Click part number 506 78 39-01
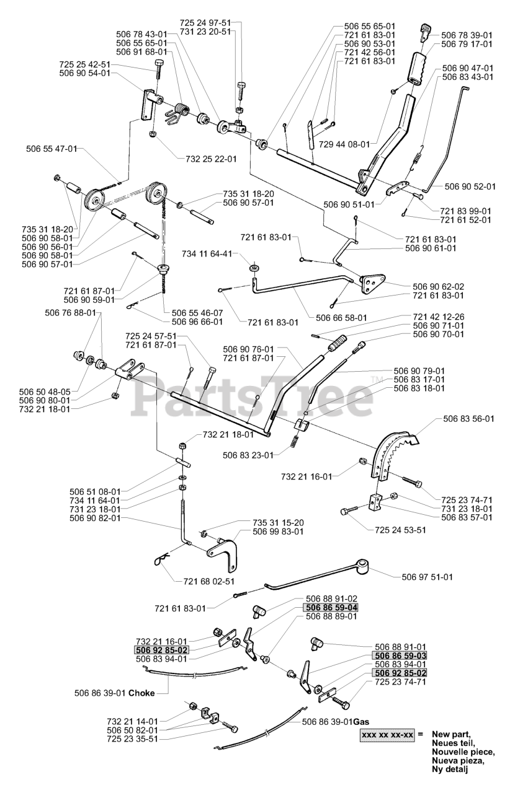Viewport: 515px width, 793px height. click(467, 35)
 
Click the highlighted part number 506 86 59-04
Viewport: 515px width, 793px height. click(331, 608)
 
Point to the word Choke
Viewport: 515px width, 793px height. click(142, 693)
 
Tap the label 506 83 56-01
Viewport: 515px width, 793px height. click(468, 419)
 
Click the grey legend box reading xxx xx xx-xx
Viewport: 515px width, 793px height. click(387, 735)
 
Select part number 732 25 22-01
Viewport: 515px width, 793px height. click(211, 159)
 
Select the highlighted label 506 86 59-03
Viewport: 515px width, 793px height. click(400, 655)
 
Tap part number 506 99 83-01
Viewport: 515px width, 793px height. click(279, 532)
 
